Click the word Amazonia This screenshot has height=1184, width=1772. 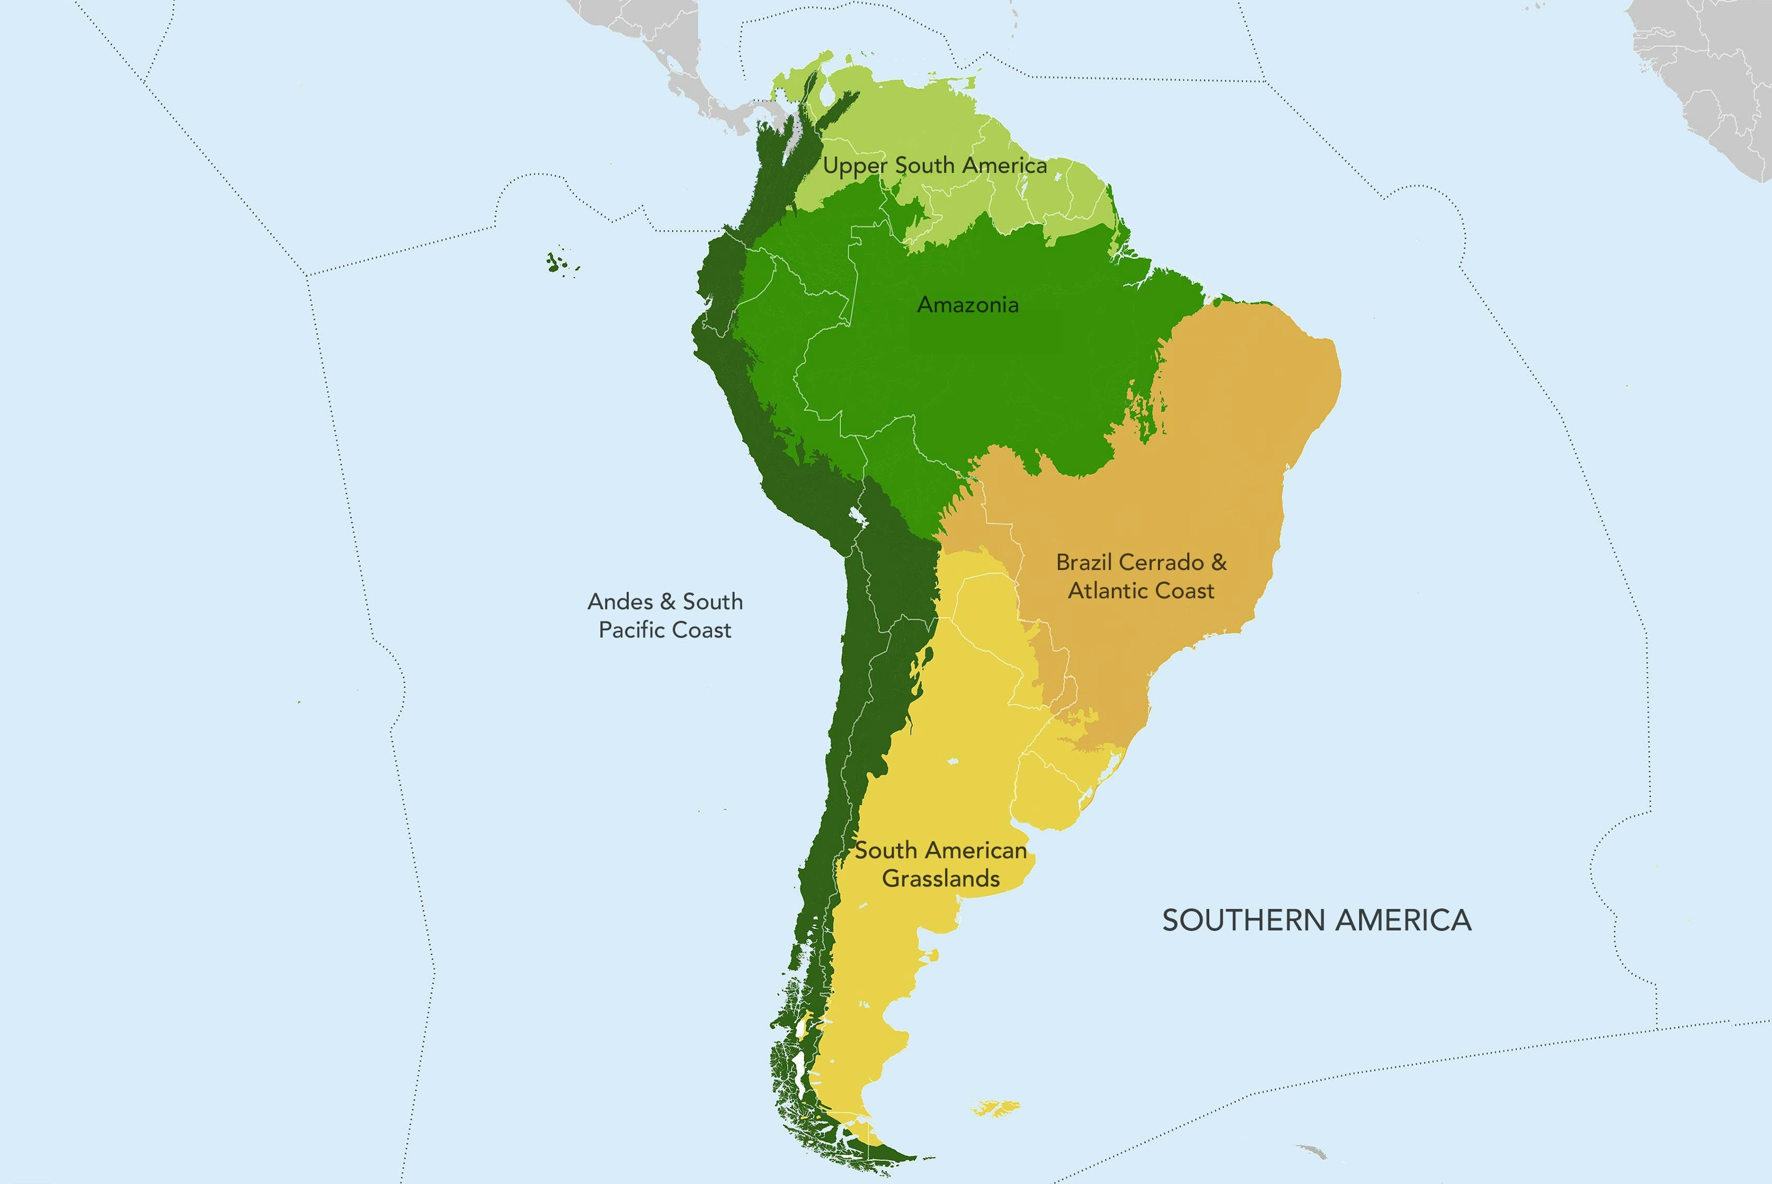tap(967, 305)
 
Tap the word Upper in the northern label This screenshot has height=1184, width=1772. tap(855, 166)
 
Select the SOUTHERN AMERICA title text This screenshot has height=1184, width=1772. tap(1316, 920)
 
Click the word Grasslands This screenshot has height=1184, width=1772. tap(940, 879)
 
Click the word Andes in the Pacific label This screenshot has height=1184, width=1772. tap(620, 602)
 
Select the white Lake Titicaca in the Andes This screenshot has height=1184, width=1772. tap(857, 517)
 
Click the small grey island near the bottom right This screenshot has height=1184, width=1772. tap(1311, 1151)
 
